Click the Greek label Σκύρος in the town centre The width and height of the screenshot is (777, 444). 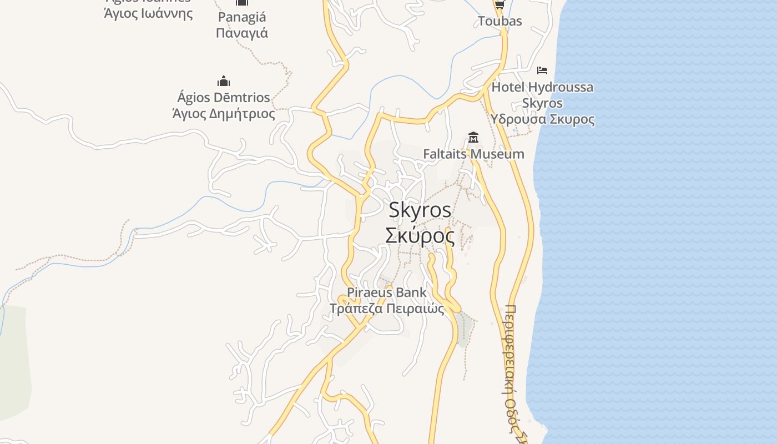pos(420,236)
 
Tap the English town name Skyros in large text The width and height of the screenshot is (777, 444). pos(420,210)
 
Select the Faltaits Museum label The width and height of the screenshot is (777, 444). pos(473,154)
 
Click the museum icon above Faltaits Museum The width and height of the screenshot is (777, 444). pos(473,137)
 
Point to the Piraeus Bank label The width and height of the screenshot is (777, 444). pos(387,292)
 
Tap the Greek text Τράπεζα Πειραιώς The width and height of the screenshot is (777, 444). pos(387,309)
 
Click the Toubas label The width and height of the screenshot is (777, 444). pos(500,21)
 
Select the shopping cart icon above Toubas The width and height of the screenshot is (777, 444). pos(500,4)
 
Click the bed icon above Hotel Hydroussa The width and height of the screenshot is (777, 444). pos(542,70)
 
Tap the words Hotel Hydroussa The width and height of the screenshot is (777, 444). pos(542,87)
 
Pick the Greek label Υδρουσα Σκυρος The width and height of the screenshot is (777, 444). pos(542,119)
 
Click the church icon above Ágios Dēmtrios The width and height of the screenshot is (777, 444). pos(224,81)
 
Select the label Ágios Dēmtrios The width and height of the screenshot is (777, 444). pos(224,98)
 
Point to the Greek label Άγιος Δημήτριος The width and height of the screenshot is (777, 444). pos(224,114)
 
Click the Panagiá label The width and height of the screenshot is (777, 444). pos(241,18)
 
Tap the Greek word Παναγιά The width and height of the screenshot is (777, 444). pos(241,33)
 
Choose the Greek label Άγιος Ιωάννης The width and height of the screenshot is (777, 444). pos(148,12)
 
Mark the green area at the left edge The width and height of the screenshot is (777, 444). pos(14,361)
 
